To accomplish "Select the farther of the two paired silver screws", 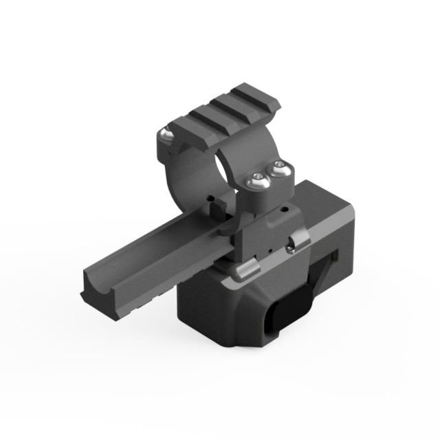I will click(x=278, y=167).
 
